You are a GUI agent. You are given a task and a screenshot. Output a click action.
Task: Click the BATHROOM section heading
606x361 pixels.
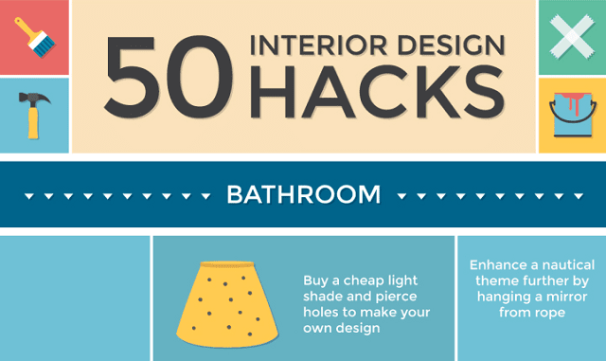coord(303,195)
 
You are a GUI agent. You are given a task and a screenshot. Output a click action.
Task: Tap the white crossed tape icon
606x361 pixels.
coord(572,36)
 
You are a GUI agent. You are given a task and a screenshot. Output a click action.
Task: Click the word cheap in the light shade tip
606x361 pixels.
coord(365,280)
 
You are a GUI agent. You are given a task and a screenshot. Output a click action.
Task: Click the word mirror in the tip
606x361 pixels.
coord(567,297)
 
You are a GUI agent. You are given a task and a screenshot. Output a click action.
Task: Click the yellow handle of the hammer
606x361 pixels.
coord(32,123)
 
